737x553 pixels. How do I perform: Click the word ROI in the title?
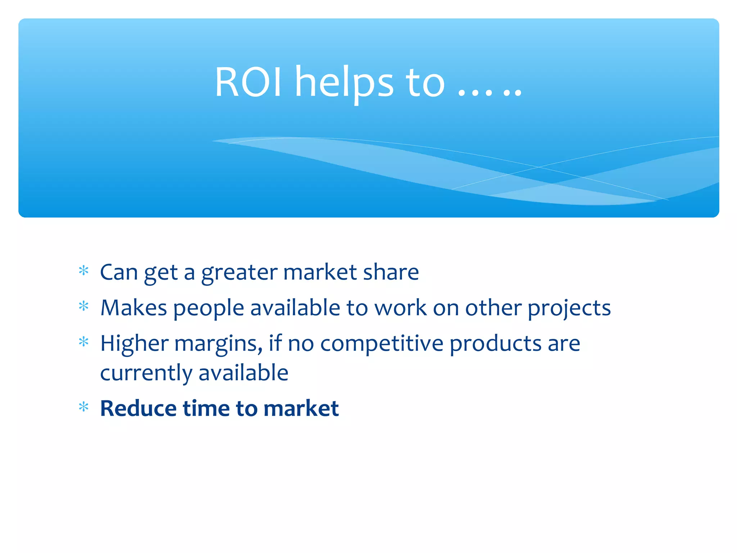coord(248,82)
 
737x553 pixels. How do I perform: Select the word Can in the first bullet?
coord(119,272)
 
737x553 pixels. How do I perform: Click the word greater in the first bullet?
coord(239,273)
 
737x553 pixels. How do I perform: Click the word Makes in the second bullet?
coord(134,308)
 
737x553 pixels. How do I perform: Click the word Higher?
coord(134,343)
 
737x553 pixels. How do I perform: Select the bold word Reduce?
coord(138,408)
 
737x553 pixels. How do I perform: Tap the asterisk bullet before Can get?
coord(83,270)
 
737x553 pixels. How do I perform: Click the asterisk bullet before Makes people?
coord(83,306)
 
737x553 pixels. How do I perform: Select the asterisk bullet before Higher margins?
coord(83,342)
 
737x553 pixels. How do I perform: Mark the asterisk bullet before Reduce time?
coord(83,407)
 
